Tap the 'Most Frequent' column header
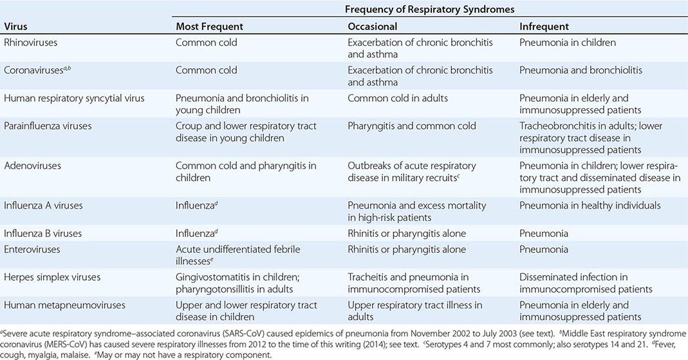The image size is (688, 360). pyautogui.click(x=210, y=26)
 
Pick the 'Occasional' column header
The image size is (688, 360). pyautogui.click(x=373, y=26)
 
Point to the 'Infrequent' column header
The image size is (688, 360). pyautogui.click(x=544, y=26)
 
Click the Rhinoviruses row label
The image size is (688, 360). pyautogui.click(x=32, y=43)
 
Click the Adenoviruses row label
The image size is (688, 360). pyautogui.click(x=32, y=166)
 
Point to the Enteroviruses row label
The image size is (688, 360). pyautogui.click(x=32, y=249)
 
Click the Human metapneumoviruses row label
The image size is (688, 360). pyautogui.click(x=64, y=305)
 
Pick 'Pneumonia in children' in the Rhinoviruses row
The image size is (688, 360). pyautogui.click(x=568, y=43)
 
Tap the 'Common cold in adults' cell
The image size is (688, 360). pyautogui.click(x=397, y=98)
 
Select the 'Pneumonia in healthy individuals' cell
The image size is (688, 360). pyautogui.click(x=590, y=205)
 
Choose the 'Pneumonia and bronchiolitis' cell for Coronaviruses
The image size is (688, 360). pyautogui.click(x=581, y=70)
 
